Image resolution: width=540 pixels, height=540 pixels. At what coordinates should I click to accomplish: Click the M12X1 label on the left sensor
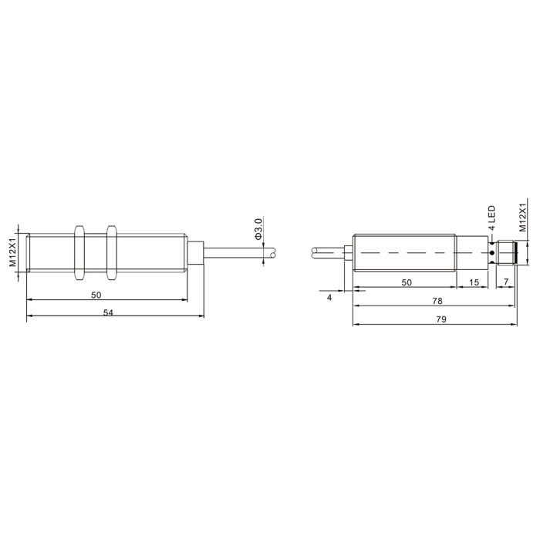coord(13,252)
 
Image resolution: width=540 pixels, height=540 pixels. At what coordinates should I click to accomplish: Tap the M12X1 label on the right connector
coord(523,218)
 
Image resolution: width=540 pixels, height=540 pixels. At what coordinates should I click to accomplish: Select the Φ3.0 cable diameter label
coord(258,229)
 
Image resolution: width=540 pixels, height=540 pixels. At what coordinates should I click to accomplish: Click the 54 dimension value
coord(108,312)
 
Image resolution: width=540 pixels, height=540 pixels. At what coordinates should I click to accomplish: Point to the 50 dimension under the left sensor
coord(96,295)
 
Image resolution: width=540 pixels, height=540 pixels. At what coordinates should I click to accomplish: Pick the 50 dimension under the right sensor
coord(407,282)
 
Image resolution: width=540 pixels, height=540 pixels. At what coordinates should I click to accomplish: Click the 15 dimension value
coord(474,282)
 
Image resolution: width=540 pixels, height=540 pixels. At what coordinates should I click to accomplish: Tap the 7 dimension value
coord(506,282)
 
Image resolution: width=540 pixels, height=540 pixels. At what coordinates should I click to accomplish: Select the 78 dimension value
coord(437,301)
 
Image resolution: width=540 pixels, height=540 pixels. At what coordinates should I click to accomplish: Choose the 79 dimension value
coord(441,319)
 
